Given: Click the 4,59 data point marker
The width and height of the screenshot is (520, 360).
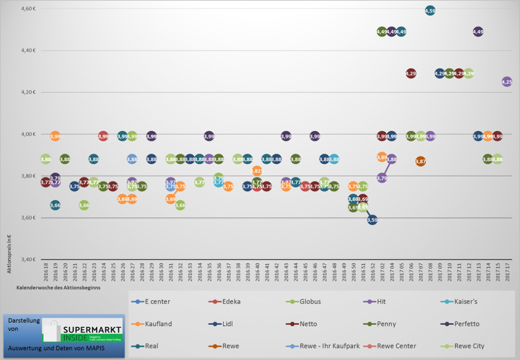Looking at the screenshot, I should click(x=430, y=10).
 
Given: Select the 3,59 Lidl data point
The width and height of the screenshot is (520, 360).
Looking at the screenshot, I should click(x=372, y=220).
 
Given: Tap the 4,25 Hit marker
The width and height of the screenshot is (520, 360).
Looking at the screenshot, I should click(x=506, y=81).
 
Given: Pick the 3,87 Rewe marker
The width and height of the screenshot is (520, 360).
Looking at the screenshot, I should click(x=420, y=161).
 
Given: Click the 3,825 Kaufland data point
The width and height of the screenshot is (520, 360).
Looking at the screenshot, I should click(x=257, y=171).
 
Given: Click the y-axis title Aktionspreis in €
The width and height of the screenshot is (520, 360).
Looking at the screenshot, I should click(x=9, y=254).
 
